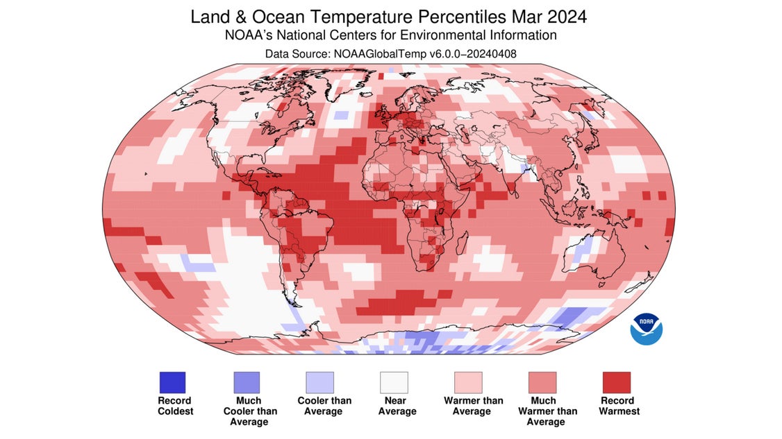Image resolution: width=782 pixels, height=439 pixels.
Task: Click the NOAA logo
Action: tap(646, 328)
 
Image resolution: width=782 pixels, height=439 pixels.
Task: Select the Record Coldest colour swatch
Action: tap(172, 382)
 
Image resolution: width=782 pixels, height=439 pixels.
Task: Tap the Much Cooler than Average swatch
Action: tap(246, 382)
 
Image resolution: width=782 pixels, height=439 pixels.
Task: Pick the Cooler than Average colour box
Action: tap(320, 382)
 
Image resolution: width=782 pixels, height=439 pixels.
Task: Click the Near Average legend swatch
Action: tap(394, 382)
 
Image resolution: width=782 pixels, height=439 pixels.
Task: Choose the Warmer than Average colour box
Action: tap(468, 382)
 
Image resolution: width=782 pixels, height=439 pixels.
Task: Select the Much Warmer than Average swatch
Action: tap(542, 382)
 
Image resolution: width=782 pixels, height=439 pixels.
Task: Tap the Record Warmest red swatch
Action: tap(616, 382)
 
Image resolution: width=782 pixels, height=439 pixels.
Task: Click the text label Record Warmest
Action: tap(617, 406)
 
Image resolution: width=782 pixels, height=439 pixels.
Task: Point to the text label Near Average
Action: tap(397, 406)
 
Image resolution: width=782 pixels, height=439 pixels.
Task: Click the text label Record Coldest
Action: tap(174, 406)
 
